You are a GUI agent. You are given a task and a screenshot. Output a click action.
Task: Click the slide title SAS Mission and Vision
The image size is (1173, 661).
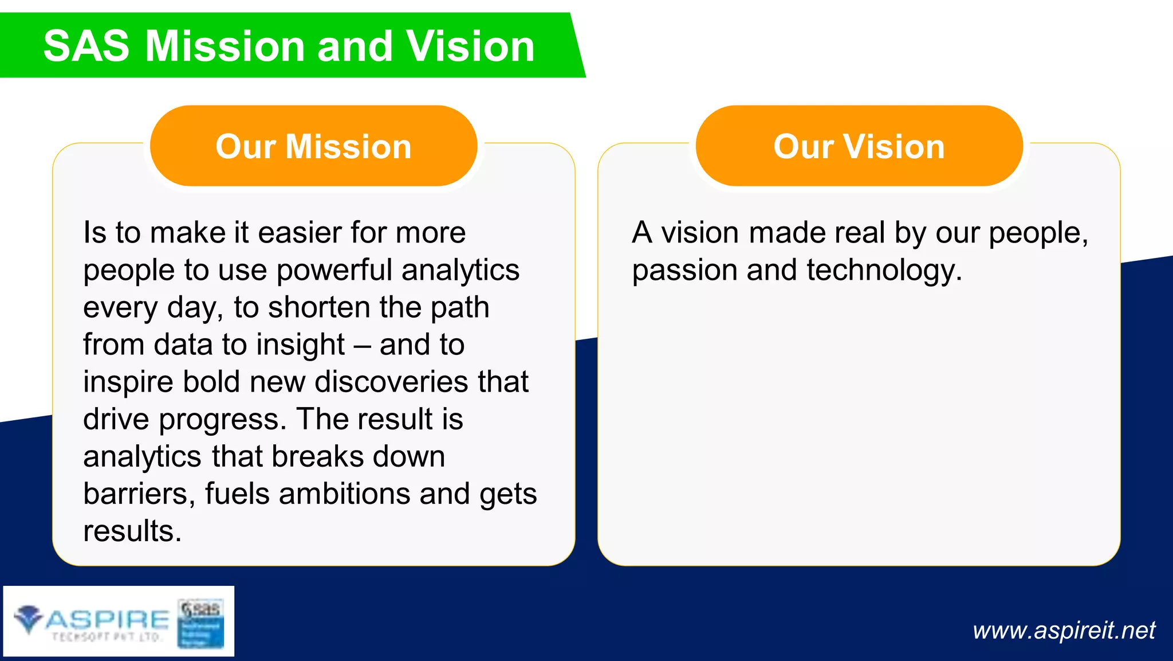tap(289, 46)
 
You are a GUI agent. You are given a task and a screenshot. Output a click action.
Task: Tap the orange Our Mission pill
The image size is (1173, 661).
tap(313, 146)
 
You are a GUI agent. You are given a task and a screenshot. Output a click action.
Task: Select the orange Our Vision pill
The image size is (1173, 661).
tap(859, 146)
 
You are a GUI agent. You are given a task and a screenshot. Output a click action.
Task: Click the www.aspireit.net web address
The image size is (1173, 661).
tap(1064, 630)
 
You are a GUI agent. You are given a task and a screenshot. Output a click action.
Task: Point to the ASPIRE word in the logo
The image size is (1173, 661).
tap(108, 619)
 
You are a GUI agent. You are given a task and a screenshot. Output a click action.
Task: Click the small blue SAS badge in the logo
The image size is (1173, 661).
tap(200, 623)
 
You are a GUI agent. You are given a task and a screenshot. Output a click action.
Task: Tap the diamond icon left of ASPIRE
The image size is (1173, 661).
tap(28, 618)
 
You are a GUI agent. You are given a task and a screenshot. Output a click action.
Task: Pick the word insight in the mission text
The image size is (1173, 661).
tap(300, 345)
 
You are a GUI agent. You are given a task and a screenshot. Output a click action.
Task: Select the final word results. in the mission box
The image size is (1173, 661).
tap(132, 531)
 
